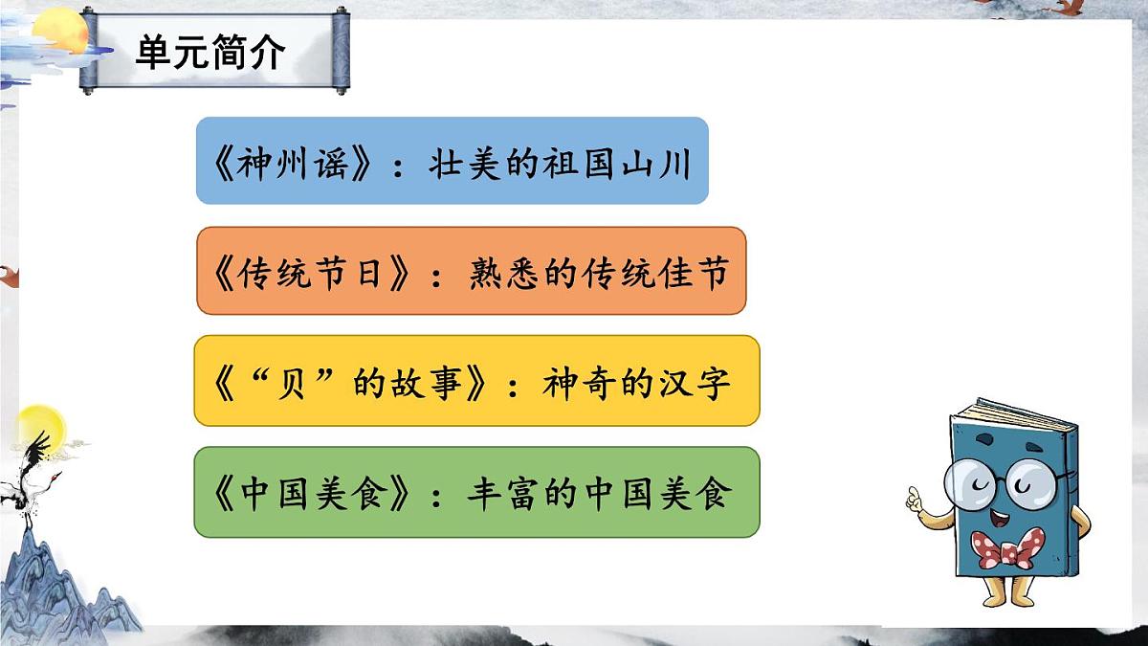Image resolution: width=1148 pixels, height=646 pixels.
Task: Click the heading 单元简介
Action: (x=210, y=53)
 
